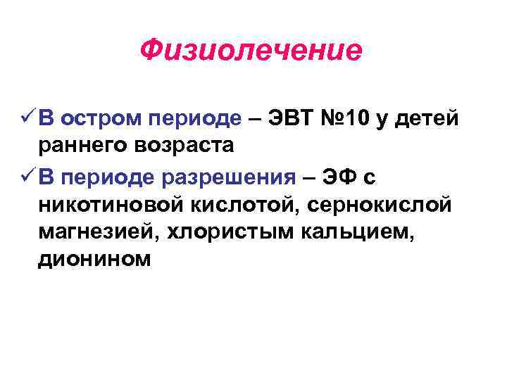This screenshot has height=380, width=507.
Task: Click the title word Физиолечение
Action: (251, 51)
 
